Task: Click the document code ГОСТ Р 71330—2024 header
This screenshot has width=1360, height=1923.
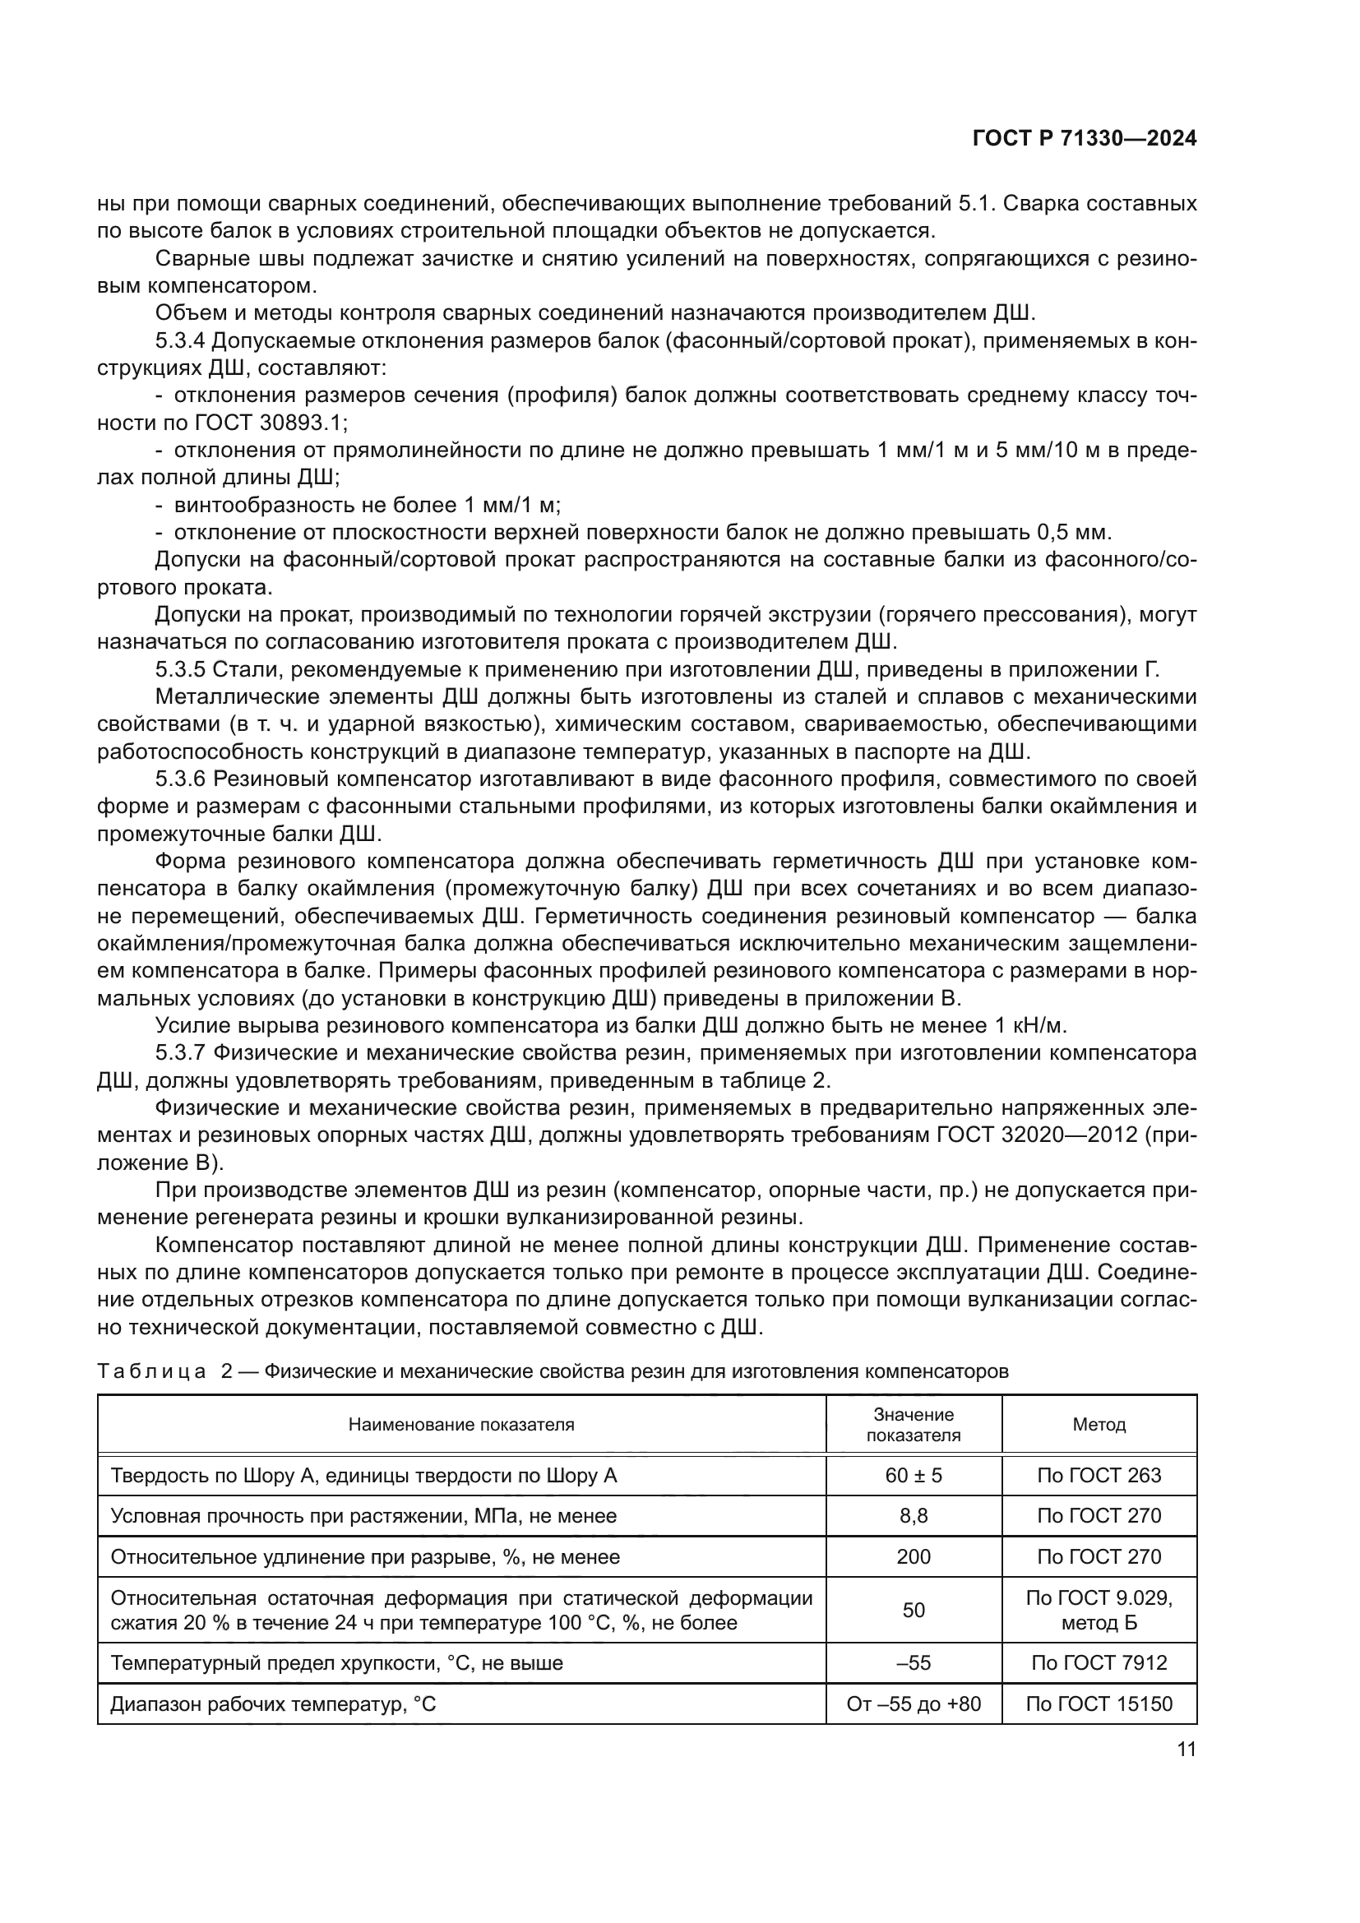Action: pos(1084,139)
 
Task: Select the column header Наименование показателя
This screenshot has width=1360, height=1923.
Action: pos(461,1425)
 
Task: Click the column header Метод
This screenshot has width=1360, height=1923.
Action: pos(1099,1425)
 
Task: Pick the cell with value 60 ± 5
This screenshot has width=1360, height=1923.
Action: pos(913,1476)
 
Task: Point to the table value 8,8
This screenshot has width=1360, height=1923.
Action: pos(913,1516)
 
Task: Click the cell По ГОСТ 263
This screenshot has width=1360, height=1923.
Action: pos(1099,1476)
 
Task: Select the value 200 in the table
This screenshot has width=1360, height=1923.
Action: pos(913,1557)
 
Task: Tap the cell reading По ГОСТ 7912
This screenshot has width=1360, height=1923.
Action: pos(1099,1663)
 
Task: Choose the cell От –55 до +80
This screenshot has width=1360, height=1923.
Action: pos(913,1704)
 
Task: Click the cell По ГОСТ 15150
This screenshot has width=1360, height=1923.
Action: pos(1099,1704)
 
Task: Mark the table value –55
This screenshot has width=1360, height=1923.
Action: pos(913,1663)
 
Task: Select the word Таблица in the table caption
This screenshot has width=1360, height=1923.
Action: pos(151,1372)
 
